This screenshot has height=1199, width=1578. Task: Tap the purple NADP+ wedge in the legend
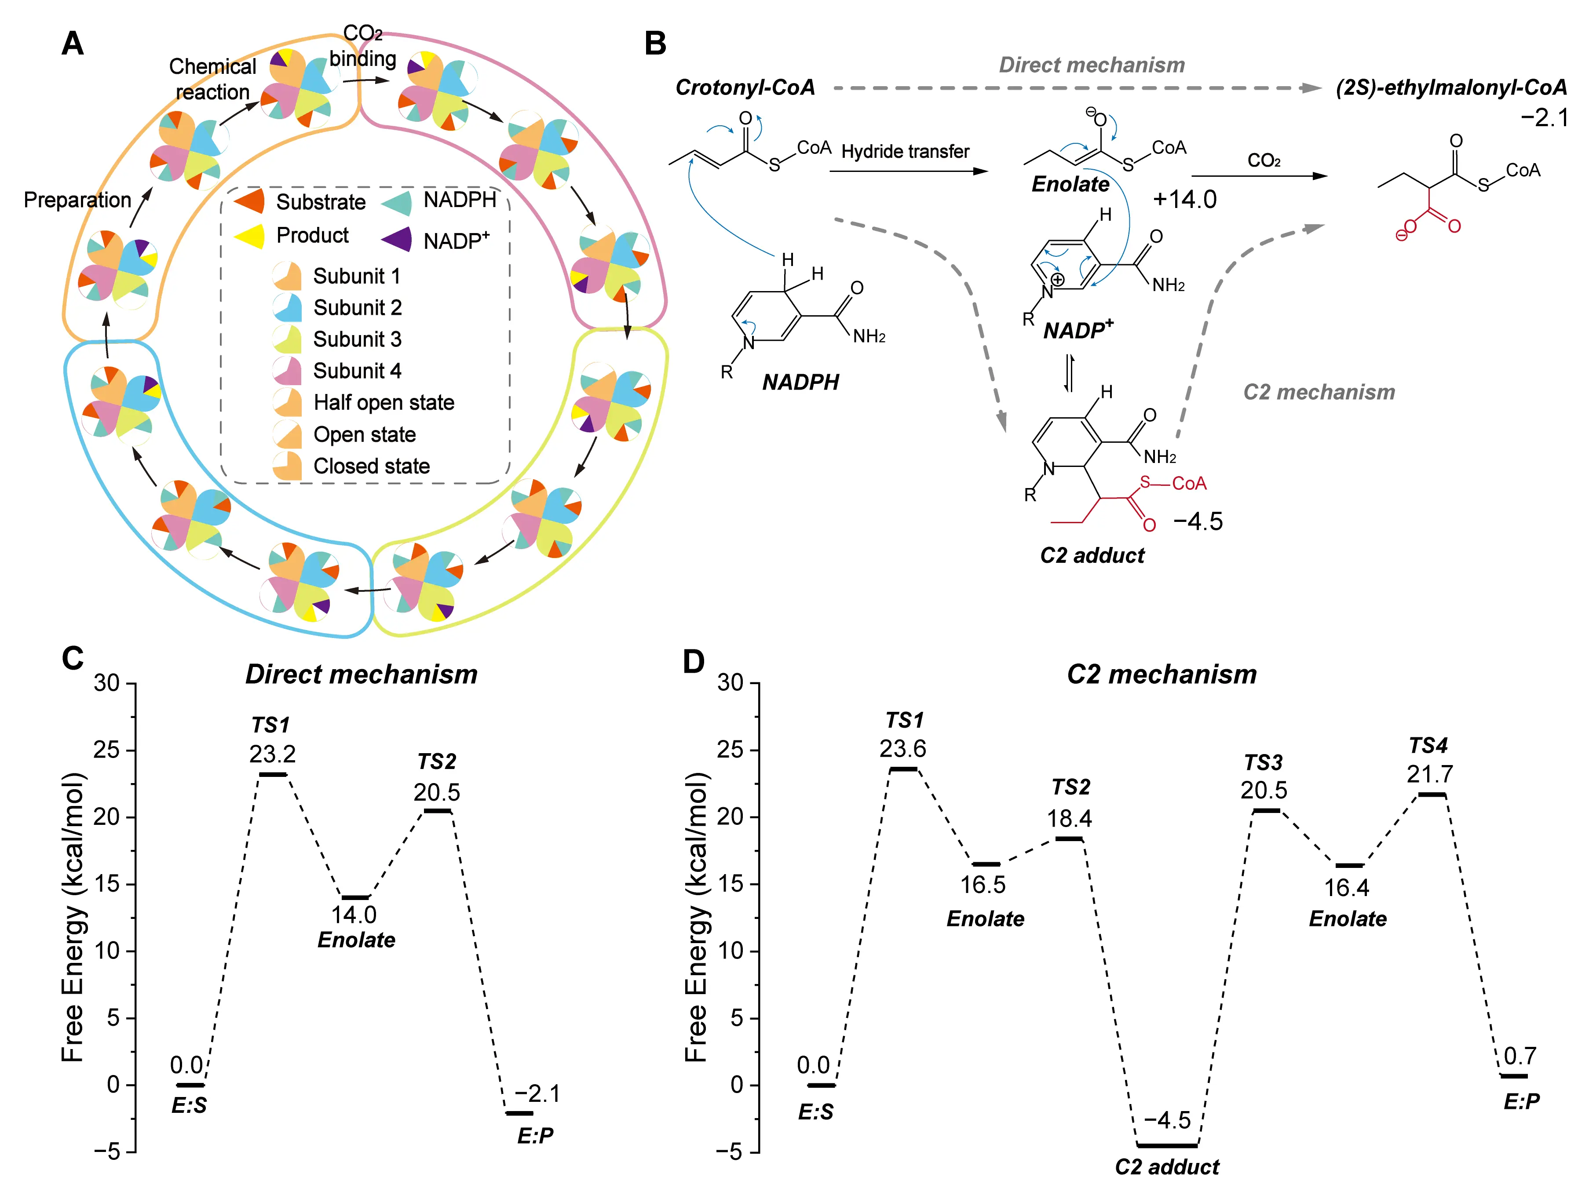click(x=398, y=239)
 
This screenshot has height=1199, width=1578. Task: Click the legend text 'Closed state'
click(x=371, y=466)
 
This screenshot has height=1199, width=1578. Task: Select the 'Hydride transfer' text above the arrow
click(x=905, y=151)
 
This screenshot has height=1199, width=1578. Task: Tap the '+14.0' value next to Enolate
click(x=1185, y=199)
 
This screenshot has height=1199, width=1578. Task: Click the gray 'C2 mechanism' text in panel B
click(x=1319, y=392)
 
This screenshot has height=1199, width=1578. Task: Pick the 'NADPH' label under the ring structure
click(x=800, y=383)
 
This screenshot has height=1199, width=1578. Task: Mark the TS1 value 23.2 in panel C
click(x=272, y=754)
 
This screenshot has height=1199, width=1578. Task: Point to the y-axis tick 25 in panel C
click(x=106, y=750)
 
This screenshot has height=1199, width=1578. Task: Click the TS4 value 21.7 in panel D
click(x=1429, y=774)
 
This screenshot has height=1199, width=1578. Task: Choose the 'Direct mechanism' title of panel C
click(x=361, y=674)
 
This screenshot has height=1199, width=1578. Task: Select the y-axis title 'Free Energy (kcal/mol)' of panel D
click(x=696, y=917)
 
